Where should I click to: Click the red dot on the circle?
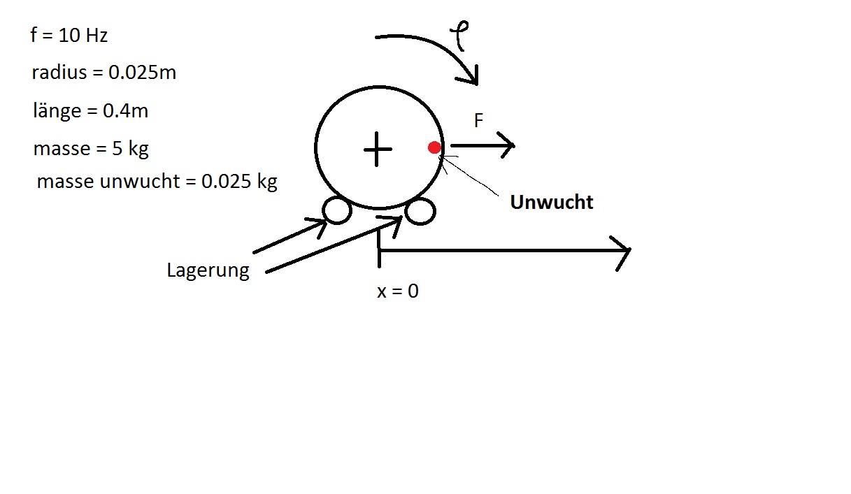[434, 147]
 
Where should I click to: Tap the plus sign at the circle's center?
[378, 150]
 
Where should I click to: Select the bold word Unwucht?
[551, 202]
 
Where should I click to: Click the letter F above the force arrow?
[479, 120]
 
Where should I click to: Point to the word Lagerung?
[208, 270]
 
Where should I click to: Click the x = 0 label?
[398, 291]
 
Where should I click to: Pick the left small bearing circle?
[337, 210]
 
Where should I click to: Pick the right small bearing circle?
[420, 211]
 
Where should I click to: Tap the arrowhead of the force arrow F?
[507, 145]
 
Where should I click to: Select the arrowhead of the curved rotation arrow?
[469, 77]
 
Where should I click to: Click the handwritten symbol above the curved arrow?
[459, 36]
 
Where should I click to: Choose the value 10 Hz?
[83, 36]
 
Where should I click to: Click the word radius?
[59, 72]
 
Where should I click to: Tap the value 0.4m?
[125, 111]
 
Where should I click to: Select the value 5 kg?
[130, 149]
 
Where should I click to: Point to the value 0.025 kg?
[239, 182]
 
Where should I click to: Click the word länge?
[57, 111]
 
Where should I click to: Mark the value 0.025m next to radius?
[143, 72]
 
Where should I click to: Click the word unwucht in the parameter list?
[139, 182]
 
